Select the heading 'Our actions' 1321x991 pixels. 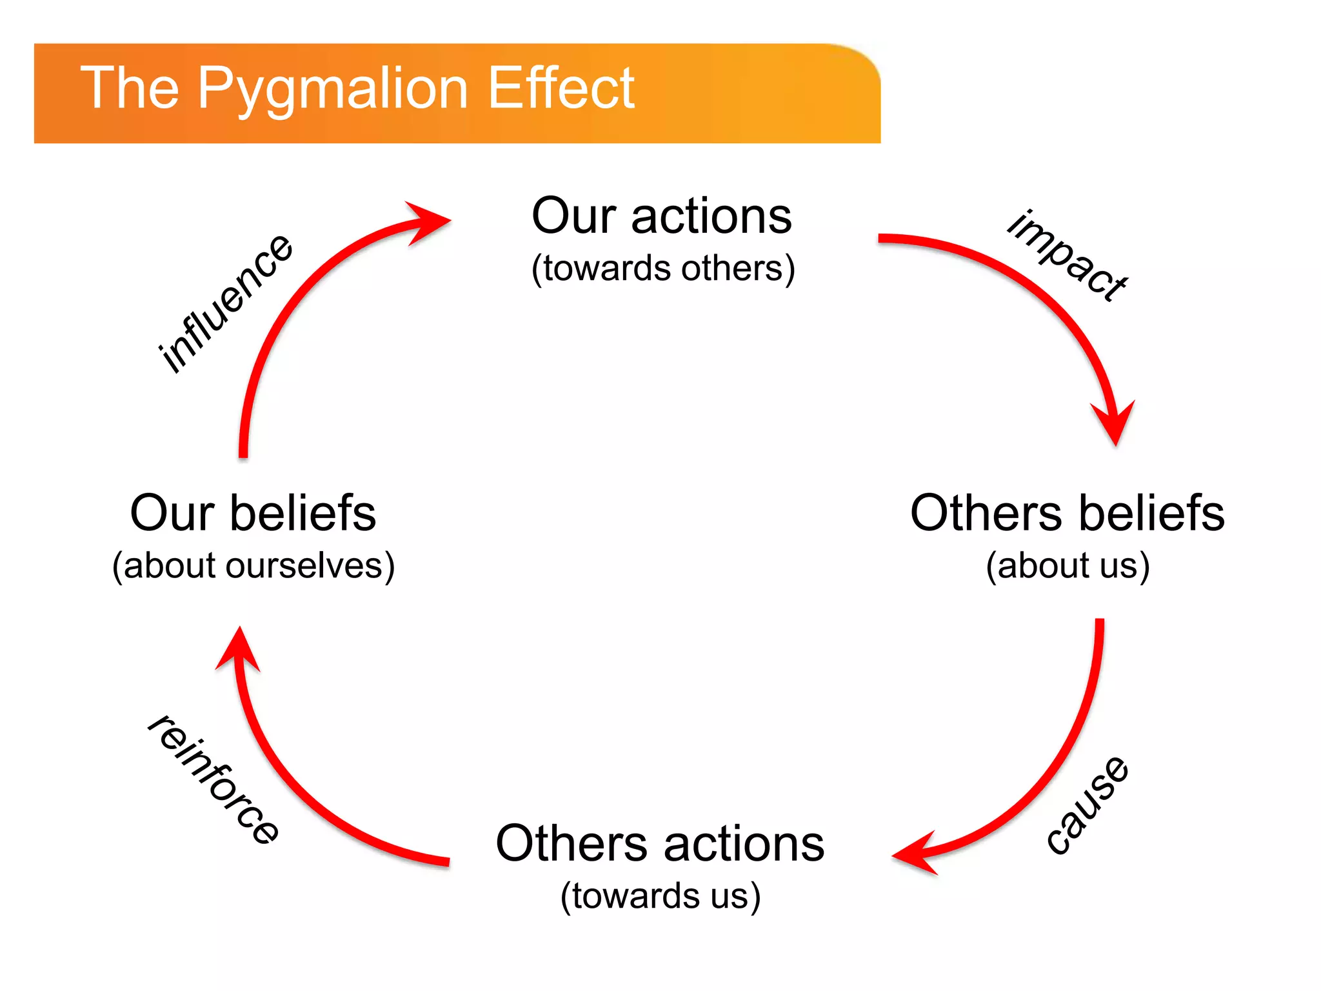click(662, 216)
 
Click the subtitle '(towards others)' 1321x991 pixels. click(663, 268)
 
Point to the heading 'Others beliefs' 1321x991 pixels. click(1068, 514)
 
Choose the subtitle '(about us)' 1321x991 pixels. click(1068, 566)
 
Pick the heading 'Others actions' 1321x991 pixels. click(660, 844)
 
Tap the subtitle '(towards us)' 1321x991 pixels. click(660, 896)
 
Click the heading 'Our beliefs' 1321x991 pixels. click(253, 514)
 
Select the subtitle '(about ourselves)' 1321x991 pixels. click(253, 566)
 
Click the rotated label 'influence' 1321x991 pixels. click(226, 303)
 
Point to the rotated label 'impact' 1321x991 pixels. click(1068, 255)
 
